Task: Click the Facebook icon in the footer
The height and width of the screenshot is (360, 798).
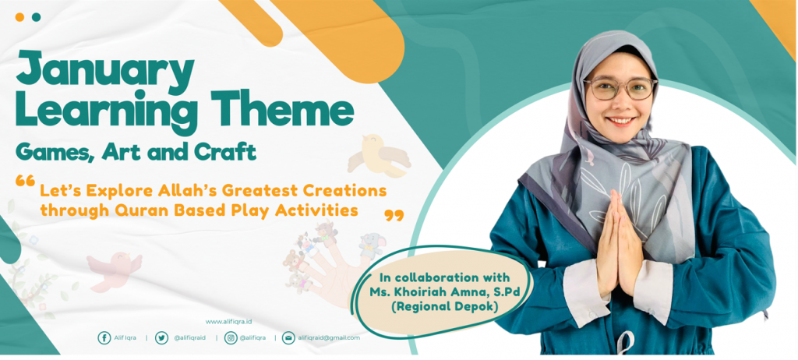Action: click(x=104, y=337)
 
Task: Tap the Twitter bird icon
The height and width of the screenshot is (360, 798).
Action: click(x=161, y=337)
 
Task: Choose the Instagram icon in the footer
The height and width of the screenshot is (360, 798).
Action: click(x=231, y=337)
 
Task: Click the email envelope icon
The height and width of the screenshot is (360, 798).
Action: click(x=288, y=337)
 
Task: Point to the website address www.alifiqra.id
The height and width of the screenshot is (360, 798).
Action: click(x=228, y=322)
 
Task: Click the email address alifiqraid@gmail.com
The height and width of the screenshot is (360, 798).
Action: click(x=329, y=337)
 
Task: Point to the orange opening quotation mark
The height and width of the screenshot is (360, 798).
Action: click(x=25, y=181)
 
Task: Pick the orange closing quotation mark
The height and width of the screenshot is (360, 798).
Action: click(x=394, y=215)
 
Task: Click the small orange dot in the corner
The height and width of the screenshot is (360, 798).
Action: click(x=19, y=17)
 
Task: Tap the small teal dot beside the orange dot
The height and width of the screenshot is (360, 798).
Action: click(x=36, y=17)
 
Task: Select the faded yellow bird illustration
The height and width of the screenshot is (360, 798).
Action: click(x=378, y=155)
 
